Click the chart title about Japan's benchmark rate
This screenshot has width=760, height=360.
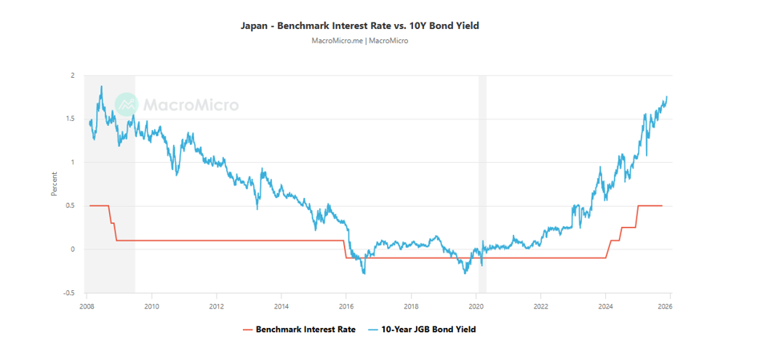[360, 26]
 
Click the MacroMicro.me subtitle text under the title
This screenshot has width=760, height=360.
[360, 41]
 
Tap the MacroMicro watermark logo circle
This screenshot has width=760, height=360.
[127, 104]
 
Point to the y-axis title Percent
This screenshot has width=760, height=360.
[55, 184]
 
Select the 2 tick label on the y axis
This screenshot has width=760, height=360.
[72, 75]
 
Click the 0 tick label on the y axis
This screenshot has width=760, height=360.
[72, 249]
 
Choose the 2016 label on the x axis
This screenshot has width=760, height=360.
[346, 305]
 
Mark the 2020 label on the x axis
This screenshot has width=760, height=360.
[475, 305]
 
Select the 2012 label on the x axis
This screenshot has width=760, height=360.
[216, 305]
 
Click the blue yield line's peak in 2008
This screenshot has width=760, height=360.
[101, 87]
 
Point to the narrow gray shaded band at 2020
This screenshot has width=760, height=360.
[483, 184]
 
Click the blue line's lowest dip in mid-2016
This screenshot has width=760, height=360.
[365, 273]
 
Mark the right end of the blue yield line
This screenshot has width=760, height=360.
[666, 97]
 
